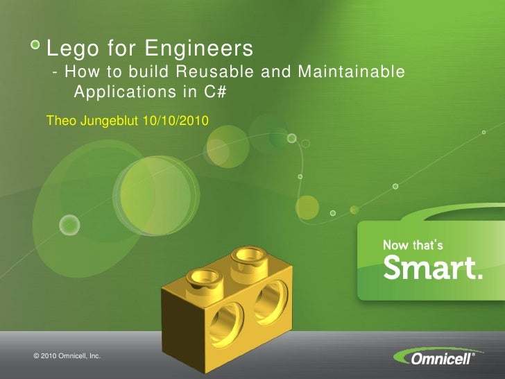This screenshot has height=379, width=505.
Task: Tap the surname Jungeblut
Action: (106, 121)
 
